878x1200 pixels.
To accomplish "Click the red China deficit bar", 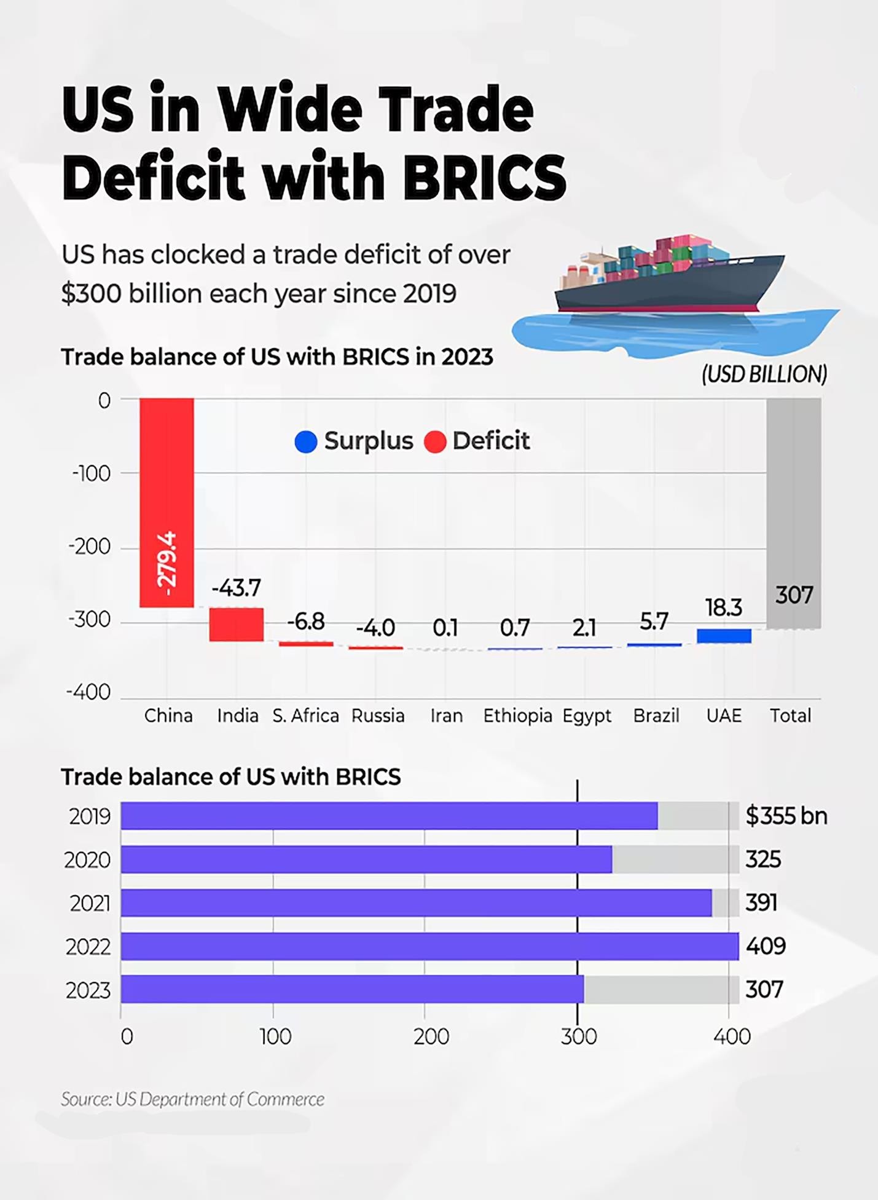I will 167,502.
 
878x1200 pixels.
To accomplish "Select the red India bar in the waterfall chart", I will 237,624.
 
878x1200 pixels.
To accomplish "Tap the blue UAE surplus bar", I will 724,636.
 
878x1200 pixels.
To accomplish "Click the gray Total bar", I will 793,513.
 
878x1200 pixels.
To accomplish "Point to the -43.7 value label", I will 237,588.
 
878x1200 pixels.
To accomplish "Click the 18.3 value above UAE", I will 724,607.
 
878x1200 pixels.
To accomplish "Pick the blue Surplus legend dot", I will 305,441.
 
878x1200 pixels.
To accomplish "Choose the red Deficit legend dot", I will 435,441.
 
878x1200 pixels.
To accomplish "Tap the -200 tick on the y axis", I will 90,547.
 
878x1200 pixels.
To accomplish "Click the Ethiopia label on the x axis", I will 517,716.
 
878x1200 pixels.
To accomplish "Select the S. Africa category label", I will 305,716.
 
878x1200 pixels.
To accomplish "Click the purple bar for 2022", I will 429,946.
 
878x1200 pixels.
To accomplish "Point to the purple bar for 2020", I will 366,859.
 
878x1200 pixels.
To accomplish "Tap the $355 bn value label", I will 786,816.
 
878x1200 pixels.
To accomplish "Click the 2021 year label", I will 90,903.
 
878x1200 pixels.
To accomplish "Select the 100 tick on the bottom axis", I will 275,1036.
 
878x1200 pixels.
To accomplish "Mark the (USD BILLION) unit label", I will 764,374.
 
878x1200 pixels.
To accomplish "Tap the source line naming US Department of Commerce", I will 192,1099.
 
